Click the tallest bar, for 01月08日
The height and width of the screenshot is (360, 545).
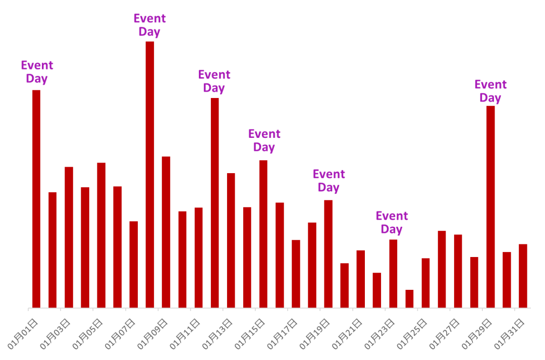[150, 174]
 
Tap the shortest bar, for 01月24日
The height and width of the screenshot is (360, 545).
[409, 298]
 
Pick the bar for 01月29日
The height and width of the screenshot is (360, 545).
[490, 207]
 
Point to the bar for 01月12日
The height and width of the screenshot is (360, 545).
[214, 202]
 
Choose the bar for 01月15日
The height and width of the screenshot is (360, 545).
[263, 234]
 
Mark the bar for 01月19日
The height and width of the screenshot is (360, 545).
[328, 253]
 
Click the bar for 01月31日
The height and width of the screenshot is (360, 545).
[523, 276]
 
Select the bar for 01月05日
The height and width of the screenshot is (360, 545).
[101, 235]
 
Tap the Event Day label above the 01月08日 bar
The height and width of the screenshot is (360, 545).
[149, 25]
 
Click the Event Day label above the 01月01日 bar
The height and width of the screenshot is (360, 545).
[37, 72]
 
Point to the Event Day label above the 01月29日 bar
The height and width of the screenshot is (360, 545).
[490, 91]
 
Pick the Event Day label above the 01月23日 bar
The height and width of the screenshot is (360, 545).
[392, 223]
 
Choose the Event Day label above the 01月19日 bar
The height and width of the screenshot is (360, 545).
[329, 181]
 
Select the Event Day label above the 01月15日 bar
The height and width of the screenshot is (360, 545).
[264, 141]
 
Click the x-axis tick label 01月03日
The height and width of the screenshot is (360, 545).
[56, 334]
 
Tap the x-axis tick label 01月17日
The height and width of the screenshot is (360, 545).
[283, 334]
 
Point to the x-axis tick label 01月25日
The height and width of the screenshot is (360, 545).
[413, 334]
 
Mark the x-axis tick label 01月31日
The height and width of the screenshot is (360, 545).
[510, 334]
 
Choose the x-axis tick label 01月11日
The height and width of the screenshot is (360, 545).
[186, 334]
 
